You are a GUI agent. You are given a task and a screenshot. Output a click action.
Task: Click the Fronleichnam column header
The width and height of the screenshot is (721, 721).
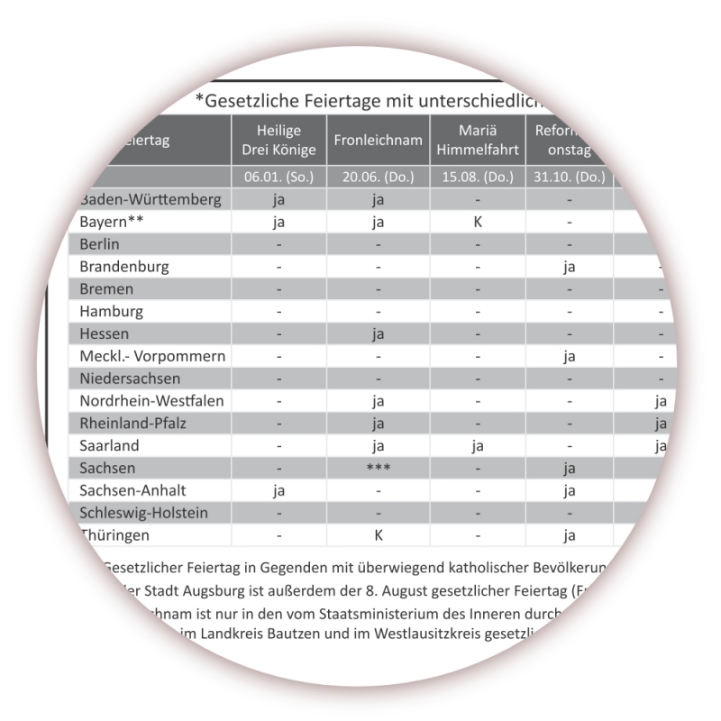[x=378, y=141]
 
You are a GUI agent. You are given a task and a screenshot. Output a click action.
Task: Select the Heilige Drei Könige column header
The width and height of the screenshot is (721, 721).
[x=278, y=141]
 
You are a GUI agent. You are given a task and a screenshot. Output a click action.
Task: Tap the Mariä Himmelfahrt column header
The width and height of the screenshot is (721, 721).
[x=478, y=141]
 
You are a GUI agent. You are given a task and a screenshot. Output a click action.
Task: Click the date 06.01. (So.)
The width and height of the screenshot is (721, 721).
[x=278, y=177]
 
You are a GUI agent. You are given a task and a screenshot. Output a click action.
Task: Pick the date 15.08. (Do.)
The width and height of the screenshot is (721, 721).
[x=478, y=177]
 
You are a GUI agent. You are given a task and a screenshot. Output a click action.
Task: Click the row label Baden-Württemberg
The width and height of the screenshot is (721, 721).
[x=150, y=198]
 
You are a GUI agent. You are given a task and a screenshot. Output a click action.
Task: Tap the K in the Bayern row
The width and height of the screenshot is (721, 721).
[x=478, y=221]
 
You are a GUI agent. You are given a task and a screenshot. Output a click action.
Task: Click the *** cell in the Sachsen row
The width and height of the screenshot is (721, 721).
[x=378, y=469]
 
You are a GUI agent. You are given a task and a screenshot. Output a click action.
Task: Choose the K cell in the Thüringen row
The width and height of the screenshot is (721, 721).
[x=379, y=535]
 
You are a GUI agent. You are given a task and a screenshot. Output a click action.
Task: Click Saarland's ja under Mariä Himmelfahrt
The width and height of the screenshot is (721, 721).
[x=478, y=446]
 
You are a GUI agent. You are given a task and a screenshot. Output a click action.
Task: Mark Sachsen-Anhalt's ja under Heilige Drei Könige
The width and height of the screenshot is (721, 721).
[x=278, y=491]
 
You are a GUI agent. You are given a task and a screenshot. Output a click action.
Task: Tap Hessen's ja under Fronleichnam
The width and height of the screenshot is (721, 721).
[x=378, y=333]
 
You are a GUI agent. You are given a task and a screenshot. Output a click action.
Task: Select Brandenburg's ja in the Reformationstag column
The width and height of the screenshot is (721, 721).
[x=569, y=267]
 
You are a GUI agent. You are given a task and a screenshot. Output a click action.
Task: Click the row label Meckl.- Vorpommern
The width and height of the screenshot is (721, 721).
[x=152, y=356]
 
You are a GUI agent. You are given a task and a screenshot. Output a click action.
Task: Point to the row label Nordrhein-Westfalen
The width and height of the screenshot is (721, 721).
[x=152, y=401]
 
